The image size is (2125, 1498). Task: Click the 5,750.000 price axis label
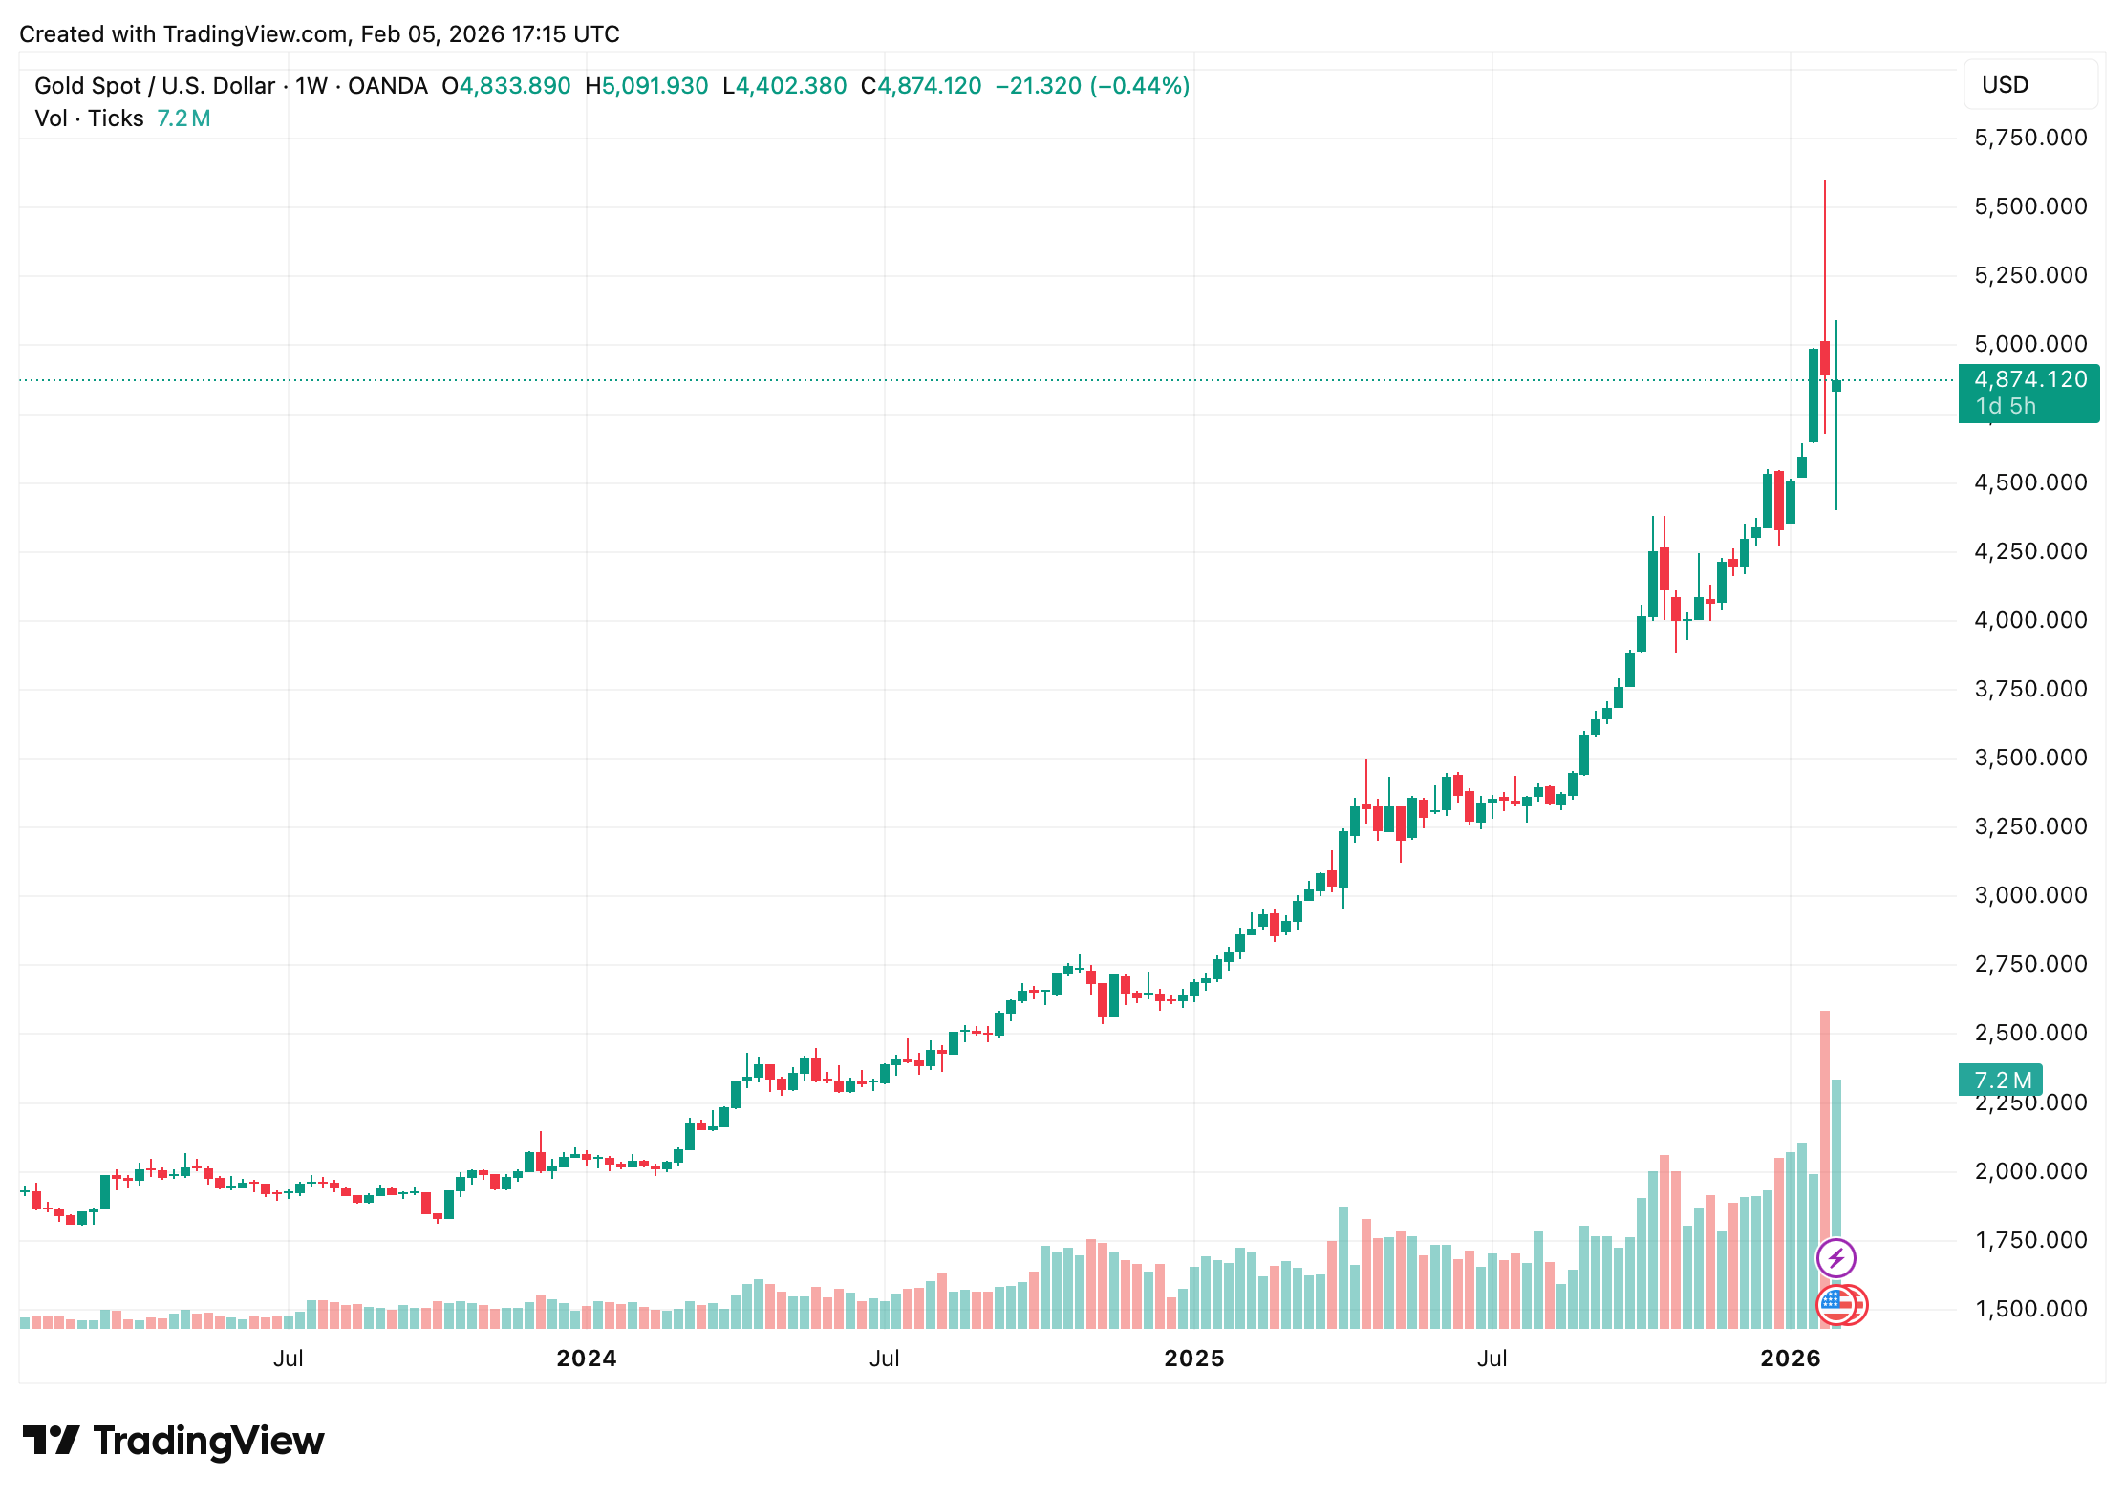[2030, 138]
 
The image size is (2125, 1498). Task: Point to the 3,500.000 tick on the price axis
[2030, 758]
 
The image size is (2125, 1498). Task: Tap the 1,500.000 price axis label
[2030, 1309]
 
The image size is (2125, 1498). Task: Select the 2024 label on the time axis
[586, 1359]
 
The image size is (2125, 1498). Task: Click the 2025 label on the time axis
[1193, 1359]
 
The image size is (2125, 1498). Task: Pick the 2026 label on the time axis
[1790, 1359]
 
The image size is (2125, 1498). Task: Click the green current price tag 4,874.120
[2028, 380]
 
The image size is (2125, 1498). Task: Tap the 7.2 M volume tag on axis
[2002, 1081]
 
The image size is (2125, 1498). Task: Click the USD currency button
[2005, 85]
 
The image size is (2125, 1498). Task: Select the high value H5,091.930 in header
[647, 86]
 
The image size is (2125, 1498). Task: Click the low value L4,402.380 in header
[784, 86]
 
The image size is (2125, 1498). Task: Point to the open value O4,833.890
[506, 86]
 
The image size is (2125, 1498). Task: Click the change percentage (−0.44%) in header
[1139, 86]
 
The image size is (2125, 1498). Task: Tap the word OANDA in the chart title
[387, 86]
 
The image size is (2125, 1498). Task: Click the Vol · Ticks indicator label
[89, 118]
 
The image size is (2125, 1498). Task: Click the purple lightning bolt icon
[1835, 1258]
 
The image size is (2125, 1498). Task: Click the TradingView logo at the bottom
[174, 1441]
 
